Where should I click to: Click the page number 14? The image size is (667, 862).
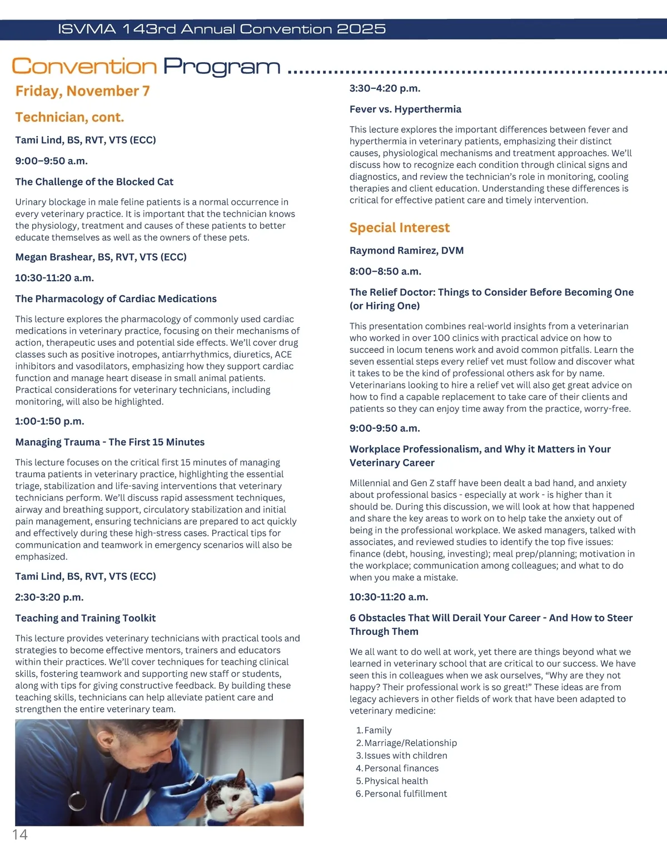pyautogui.click(x=20, y=835)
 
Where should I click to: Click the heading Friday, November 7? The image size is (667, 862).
pyautogui.click(x=82, y=91)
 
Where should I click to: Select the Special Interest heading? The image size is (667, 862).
pyautogui.click(x=399, y=228)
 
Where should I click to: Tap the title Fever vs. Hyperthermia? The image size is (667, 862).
pyautogui.click(x=405, y=109)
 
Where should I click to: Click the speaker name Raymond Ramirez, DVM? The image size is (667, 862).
pyautogui.click(x=406, y=251)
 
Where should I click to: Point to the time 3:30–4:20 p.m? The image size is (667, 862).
pyautogui.click(x=385, y=88)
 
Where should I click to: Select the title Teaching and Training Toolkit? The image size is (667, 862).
pyautogui.click(x=85, y=618)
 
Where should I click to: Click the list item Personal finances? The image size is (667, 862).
pyautogui.click(x=401, y=768)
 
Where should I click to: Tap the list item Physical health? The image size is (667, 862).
pyautogui.click(x=396, y=781)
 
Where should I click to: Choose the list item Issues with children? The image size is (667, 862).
pyautogui.click(x=405, y=755)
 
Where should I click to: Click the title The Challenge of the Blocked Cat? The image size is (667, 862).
pyautogui.click(x=94, y=182)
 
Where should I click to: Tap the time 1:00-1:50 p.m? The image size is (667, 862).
pyautogui.click(x=49, y=421)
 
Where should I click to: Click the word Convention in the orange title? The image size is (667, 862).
pyautogui.click(x=84, y=67)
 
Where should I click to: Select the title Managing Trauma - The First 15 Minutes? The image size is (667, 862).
pyautogui.click(x=109, y=442)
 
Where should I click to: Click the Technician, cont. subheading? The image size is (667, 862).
pyautogui.click(x=69, y=117)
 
